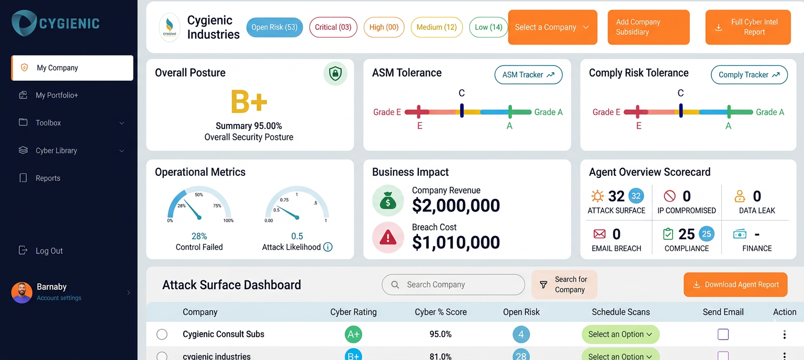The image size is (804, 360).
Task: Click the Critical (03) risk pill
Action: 333,27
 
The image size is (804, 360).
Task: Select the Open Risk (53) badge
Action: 274,27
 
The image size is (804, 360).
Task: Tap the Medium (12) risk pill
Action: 437,27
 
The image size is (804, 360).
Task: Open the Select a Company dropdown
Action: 552,27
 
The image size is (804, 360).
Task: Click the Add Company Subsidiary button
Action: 648,27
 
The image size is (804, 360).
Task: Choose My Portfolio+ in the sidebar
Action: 57,95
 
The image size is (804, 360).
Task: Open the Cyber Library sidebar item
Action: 56,151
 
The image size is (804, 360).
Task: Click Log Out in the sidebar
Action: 49,251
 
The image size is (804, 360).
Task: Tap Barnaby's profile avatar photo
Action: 22,292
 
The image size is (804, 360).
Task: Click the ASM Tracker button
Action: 528,75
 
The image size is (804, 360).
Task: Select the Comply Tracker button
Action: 749,75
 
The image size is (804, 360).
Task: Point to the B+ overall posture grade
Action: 249,102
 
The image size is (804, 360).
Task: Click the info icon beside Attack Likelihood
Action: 328,247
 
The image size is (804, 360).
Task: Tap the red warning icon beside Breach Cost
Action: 388,238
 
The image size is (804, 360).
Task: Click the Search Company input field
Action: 453,285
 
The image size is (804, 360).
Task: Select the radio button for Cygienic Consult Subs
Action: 162,334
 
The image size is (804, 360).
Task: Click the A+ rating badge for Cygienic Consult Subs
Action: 353,334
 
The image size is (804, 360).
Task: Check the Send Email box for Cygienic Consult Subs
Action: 723,334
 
